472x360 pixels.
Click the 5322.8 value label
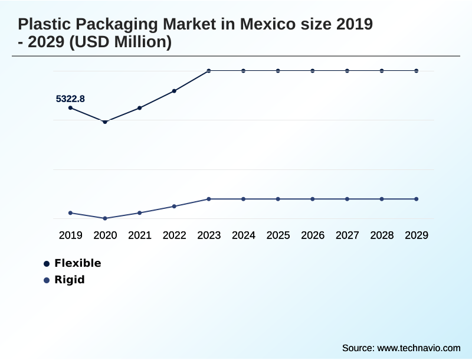(70, 99)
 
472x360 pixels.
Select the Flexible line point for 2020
(105, 122)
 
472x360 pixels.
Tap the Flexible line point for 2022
(174, 91)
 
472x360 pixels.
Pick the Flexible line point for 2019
(70, 108)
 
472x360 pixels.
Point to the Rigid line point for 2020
(105, 218)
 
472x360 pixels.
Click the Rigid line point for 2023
(209, 199)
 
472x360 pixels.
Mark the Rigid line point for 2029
(417, 199)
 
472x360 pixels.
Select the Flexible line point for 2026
(313, 71)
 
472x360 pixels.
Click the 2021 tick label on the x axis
(140, 235)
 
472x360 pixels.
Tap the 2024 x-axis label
(244, 235)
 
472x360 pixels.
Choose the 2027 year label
(348, 235)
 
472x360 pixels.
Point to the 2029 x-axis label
(417, 235)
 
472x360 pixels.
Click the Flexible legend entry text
(78, 263)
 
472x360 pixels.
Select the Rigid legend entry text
(70, 280)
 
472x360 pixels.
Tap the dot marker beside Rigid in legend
(47, 280)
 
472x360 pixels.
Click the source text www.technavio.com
(419, 348)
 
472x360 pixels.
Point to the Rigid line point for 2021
(140, 212)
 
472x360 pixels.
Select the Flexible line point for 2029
(417, 71)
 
